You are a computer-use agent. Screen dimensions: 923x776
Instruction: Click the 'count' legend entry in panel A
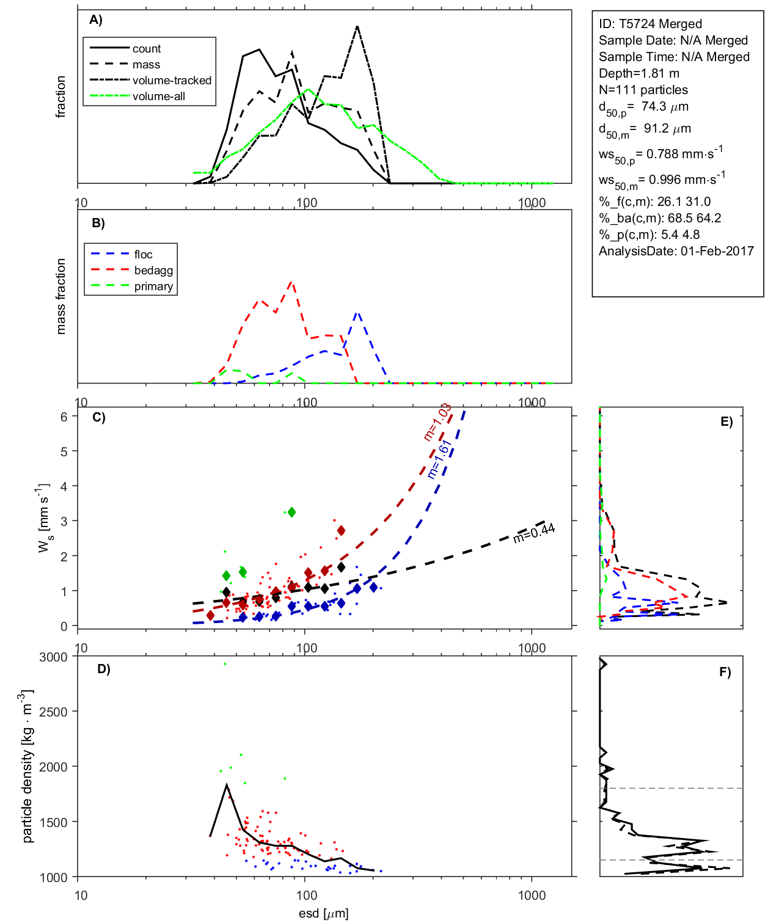(x=146, y=49)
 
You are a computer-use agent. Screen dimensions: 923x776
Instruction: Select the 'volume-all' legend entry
(x=158, y=97)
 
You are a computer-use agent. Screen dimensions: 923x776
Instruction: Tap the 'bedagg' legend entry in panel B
(x=153, y=271)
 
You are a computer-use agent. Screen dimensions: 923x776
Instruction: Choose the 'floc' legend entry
(x=143, y=255)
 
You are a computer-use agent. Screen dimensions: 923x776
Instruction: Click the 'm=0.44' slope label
(x=534, y=532)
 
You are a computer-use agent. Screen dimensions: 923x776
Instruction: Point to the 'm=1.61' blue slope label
(x=439, y=459)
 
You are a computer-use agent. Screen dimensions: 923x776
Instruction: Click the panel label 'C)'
(x=98, y=418)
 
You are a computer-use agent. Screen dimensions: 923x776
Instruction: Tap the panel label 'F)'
(x=725, y=672)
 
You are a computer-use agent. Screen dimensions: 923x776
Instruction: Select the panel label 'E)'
(x=726, y=421)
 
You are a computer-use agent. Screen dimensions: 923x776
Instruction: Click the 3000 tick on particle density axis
(x=53, y=657)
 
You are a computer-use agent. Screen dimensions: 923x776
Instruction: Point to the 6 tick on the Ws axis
(x=64, y=417)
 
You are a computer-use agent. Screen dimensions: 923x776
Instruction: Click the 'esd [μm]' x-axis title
(x=323, y=914)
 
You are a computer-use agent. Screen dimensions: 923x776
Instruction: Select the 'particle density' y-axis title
(x=27, y=767)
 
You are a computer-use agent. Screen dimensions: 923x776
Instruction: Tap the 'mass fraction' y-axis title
(x=60, y=296)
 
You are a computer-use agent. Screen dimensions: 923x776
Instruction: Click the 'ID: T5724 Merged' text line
(x=650, y=24)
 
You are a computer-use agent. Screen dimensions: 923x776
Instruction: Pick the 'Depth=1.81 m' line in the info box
(x=639, y=73)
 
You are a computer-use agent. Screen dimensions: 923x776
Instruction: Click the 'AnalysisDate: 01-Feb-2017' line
(x=676, y=251)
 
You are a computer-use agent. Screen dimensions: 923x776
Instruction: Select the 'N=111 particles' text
(x=643, y=90)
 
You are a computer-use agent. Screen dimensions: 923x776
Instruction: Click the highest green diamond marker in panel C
(x=291, y=512)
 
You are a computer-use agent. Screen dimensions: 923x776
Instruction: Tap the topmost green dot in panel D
(x=225, y=663)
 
